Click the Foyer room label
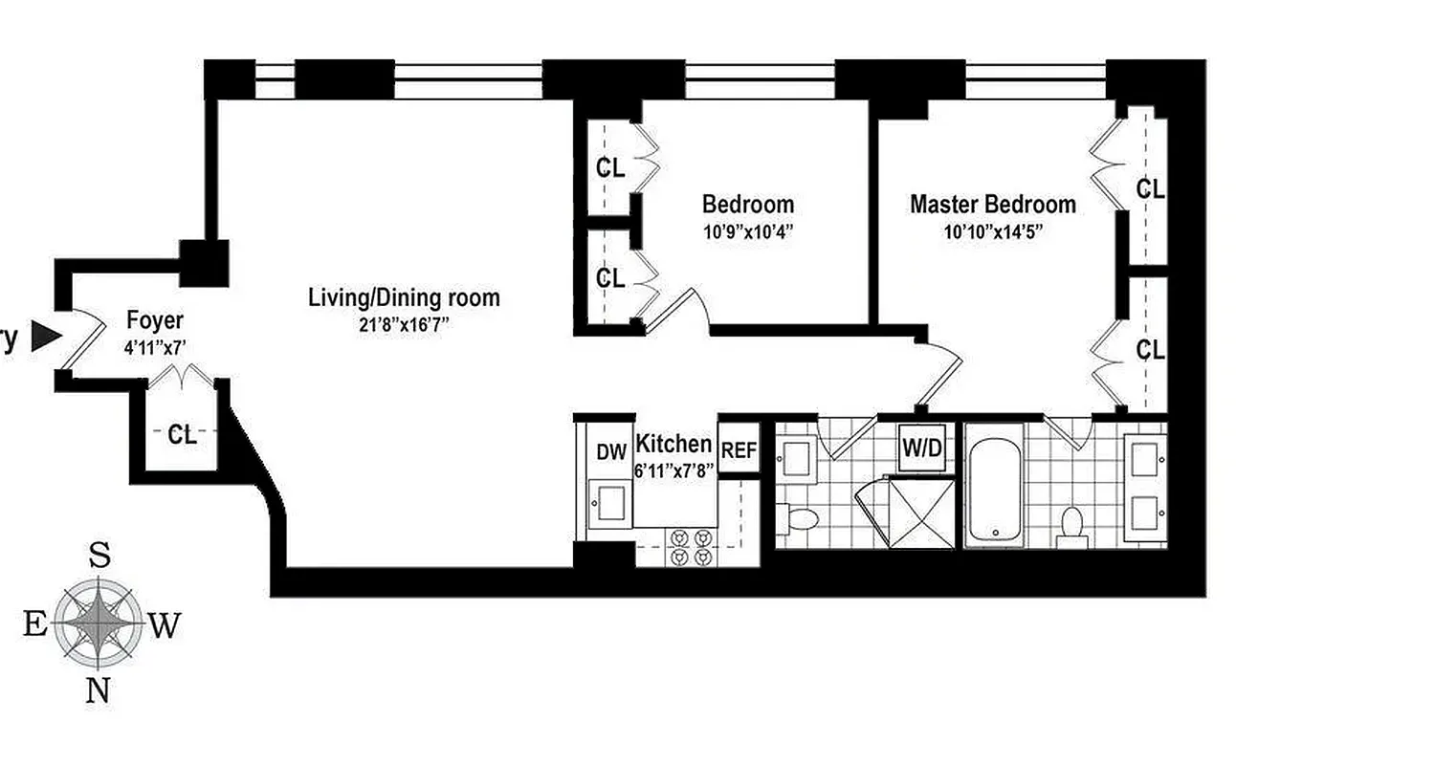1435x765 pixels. (154, 320)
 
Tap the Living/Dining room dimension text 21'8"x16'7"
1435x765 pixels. (403, 324)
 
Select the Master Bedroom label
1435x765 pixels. (992, 205)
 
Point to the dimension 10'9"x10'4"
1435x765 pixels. (747, 230)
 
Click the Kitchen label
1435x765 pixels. (673, 444)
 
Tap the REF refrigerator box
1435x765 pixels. (739, 449)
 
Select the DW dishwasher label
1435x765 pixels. (610, 452)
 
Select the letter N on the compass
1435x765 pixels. (98, 690)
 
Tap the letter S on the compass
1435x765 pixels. (99, 555)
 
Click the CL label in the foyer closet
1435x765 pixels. (182, 435)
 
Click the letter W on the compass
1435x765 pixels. (164, 626)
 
